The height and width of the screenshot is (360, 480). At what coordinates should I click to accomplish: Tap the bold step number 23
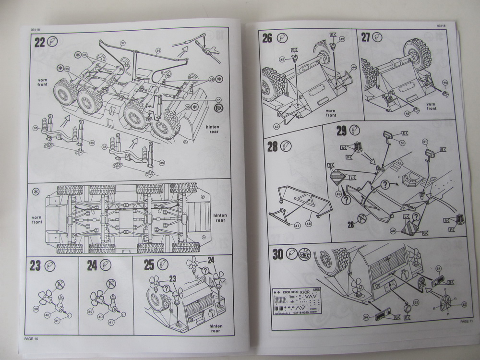click(x=35, y=265)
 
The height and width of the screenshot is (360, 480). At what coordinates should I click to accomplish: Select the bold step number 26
click(x=267, y=38)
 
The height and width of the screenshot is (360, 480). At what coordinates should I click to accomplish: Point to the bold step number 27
click(x=366, y=38)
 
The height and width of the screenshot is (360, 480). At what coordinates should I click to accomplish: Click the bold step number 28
click(x=272, y=146)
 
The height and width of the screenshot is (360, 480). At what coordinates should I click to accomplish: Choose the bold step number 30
click(x=278, y=254)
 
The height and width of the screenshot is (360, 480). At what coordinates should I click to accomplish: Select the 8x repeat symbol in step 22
click(x=219, y=108)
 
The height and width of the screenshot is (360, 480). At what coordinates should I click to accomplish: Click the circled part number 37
click(x=123, y=44)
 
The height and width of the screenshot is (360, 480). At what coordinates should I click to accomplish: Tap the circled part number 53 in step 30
click(x=416, y=302)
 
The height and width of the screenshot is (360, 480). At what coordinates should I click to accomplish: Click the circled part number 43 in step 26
click(x=277, y=126)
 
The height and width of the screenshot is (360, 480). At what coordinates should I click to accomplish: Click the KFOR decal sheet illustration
click(x=297, y=303)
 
